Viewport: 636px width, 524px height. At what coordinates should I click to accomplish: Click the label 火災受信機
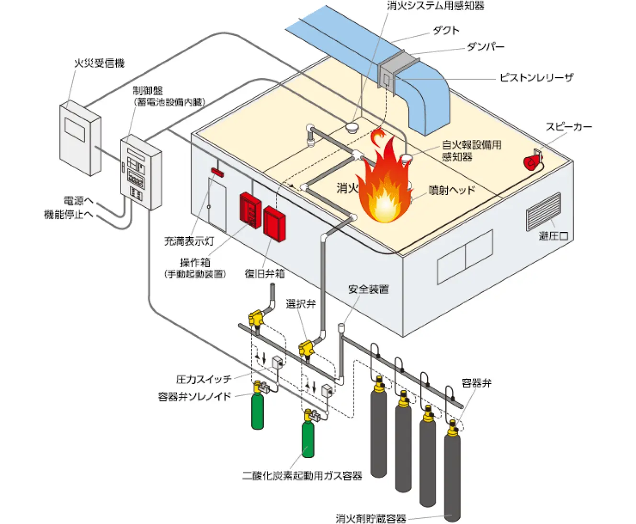pyautogui.click(x=99, y=63)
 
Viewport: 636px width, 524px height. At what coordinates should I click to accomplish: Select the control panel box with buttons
pyautogui.click(x=139, y=172)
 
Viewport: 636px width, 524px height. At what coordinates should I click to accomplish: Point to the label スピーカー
pyautogui.click(x=568, y=127)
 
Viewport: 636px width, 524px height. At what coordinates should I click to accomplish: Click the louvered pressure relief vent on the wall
pyautogui.click(x=543, y=211)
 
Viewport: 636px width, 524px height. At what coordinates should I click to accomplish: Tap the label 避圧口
pyautogui.click(x=553, y=236)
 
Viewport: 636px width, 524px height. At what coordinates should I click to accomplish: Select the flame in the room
pyautogui.click(x=384, y=187)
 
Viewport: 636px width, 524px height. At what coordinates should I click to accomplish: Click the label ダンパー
pyautogui.click(x=485, y=47)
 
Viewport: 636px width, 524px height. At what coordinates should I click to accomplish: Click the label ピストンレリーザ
pyautogui.click(x=536, y=78)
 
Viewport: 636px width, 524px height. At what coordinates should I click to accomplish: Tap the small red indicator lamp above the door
pyautogui.click(x=217, y=171)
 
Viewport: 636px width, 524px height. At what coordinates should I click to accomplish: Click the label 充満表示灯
pyautogui.click(x=189, y=241)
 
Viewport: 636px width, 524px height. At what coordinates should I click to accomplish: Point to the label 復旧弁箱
pyautogui.click(x=264, y=274)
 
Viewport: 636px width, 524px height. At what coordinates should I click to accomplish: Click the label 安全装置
pyautogui.click(x=368, y=289)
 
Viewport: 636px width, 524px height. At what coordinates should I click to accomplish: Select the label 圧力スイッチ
pyautogui.click(x=204, y=379)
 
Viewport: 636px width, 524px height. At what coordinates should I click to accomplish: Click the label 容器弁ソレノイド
pyautogui.click(x=194, y=397)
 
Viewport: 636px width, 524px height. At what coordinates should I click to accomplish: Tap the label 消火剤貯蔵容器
pyautogui.click(x=371, y=518)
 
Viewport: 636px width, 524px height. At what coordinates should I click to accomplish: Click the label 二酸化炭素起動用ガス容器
pyautogui.click(x=302, y=476)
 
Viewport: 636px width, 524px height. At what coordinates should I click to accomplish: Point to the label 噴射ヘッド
pyautogui.click(x=451, y=190)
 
